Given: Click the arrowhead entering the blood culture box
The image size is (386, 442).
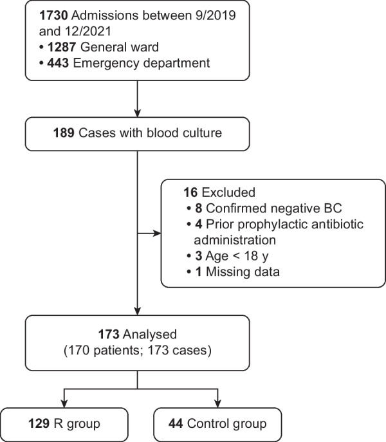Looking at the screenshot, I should tap(136, 115).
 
